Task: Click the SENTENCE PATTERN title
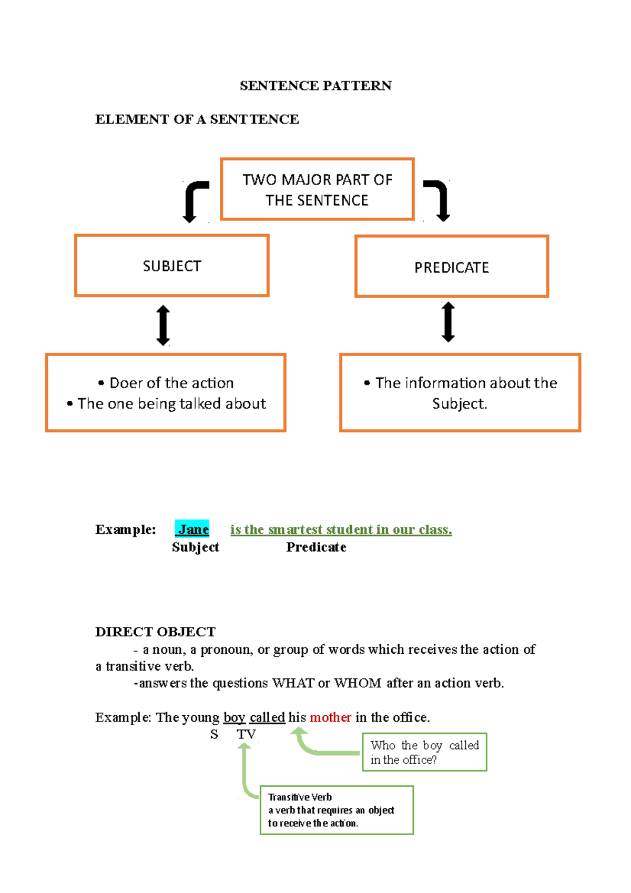click(x=315, y=86)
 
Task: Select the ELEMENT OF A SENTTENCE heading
click(x=197, y=119)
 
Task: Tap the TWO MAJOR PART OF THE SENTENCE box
click(x=317, y=189)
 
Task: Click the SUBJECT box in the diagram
click(x=172, y=266)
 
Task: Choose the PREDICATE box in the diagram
click(x=452, y=267)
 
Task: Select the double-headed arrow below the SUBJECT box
click(x=164, y=326)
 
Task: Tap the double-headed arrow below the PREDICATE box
click(x=448, y=322)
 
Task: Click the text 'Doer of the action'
click(x=171, y=383)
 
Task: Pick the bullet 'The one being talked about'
click(x=171, y=403)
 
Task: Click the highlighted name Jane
click(x=192, y=529)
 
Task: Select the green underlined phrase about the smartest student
click(x=341, y=529)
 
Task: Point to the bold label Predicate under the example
click(x=316, y=547)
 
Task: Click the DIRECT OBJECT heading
click(x=155, y=632)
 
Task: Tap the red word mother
click(x=330, y=717)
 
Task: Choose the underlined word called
click(x=267, y=717)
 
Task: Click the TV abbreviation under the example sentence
click(x=246, y=734)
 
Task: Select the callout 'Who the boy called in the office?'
click(x=424, y=752)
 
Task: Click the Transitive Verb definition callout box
click(x=337, y=810)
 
